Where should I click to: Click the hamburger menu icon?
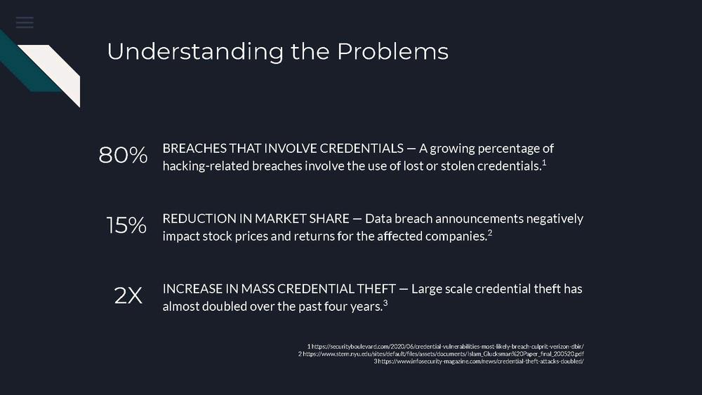(x=25, y=22)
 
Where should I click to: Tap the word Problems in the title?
(x=392, y=51)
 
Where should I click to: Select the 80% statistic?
(x=123, y=155)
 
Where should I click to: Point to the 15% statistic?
(x=126, y=225)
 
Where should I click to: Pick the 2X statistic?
(x=128, y=295)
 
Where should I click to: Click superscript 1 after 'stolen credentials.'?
(x=545, y=162)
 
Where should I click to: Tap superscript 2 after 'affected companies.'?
(x=490, y=233)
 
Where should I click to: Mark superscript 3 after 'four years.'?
(x=385, y=303)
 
